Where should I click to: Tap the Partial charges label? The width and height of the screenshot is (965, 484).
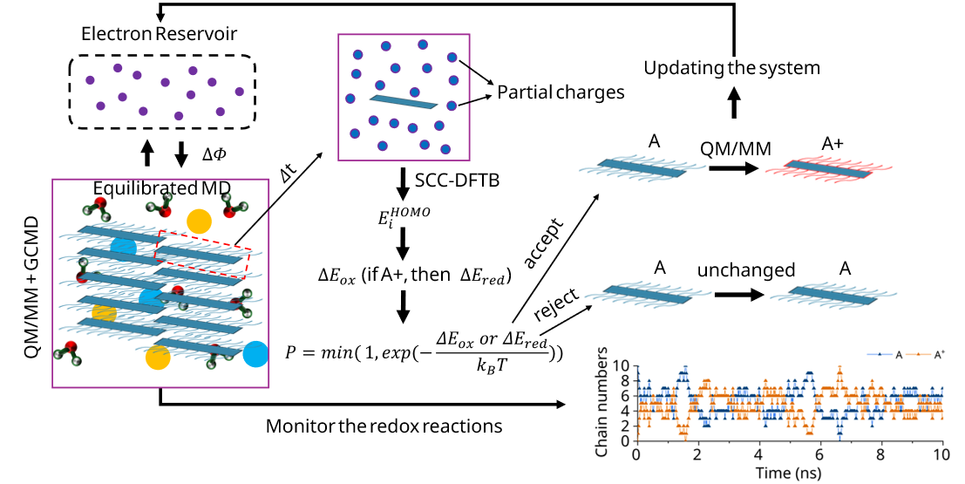point(561,92)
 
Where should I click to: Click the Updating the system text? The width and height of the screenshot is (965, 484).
point(733,66)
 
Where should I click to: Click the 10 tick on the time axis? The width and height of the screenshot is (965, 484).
point(941,456)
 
